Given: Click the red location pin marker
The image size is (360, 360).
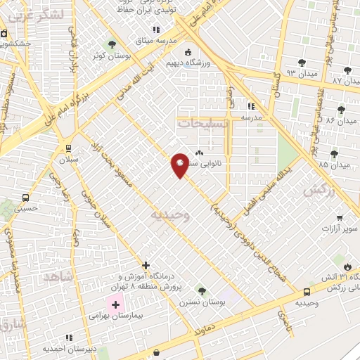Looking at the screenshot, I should point(180,165).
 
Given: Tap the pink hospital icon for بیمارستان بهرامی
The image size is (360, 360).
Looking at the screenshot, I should point(115,306).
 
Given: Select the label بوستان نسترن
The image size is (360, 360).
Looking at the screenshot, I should point(202,301).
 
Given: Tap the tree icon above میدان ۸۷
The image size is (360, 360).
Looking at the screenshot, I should point(348,70).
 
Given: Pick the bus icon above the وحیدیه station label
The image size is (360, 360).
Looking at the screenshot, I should point(307,292).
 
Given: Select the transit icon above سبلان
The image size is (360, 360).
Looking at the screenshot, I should point(68,148).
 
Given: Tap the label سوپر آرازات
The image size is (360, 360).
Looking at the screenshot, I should point(340,229).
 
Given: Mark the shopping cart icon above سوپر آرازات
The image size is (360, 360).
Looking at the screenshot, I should point(340,218).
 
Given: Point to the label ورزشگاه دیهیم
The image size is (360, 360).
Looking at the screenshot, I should point(187,62).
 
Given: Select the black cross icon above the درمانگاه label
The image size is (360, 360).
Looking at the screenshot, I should point(146,265).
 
